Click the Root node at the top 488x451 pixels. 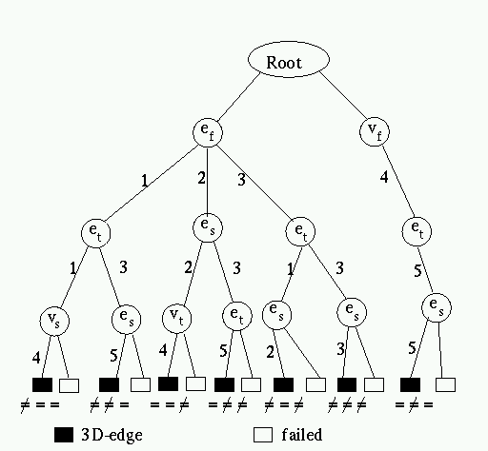point(289,59)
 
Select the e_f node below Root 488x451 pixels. point(208,132)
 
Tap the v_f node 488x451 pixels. point(375,131)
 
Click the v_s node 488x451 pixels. point(54,321)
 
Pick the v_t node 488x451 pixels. point(176,318)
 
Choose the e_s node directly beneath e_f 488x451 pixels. point(208,227)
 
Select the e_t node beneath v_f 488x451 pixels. point(417,231)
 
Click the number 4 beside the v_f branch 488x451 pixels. point(384,177)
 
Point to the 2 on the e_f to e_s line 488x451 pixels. point(201,178)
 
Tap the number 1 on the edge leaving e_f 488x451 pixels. point(145,181)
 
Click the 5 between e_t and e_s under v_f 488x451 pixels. point(417,270)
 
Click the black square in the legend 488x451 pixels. point(64,435)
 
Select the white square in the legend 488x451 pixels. point(263,435)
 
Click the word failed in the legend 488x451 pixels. point(302,434)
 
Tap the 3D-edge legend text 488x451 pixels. point(112,435)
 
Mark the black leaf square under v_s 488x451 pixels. point(43,384)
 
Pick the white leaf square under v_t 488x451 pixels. point(195,383)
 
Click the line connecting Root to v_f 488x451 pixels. point(343,95)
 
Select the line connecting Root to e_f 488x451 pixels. point(239,97)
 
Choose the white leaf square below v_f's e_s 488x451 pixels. point(445,384)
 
